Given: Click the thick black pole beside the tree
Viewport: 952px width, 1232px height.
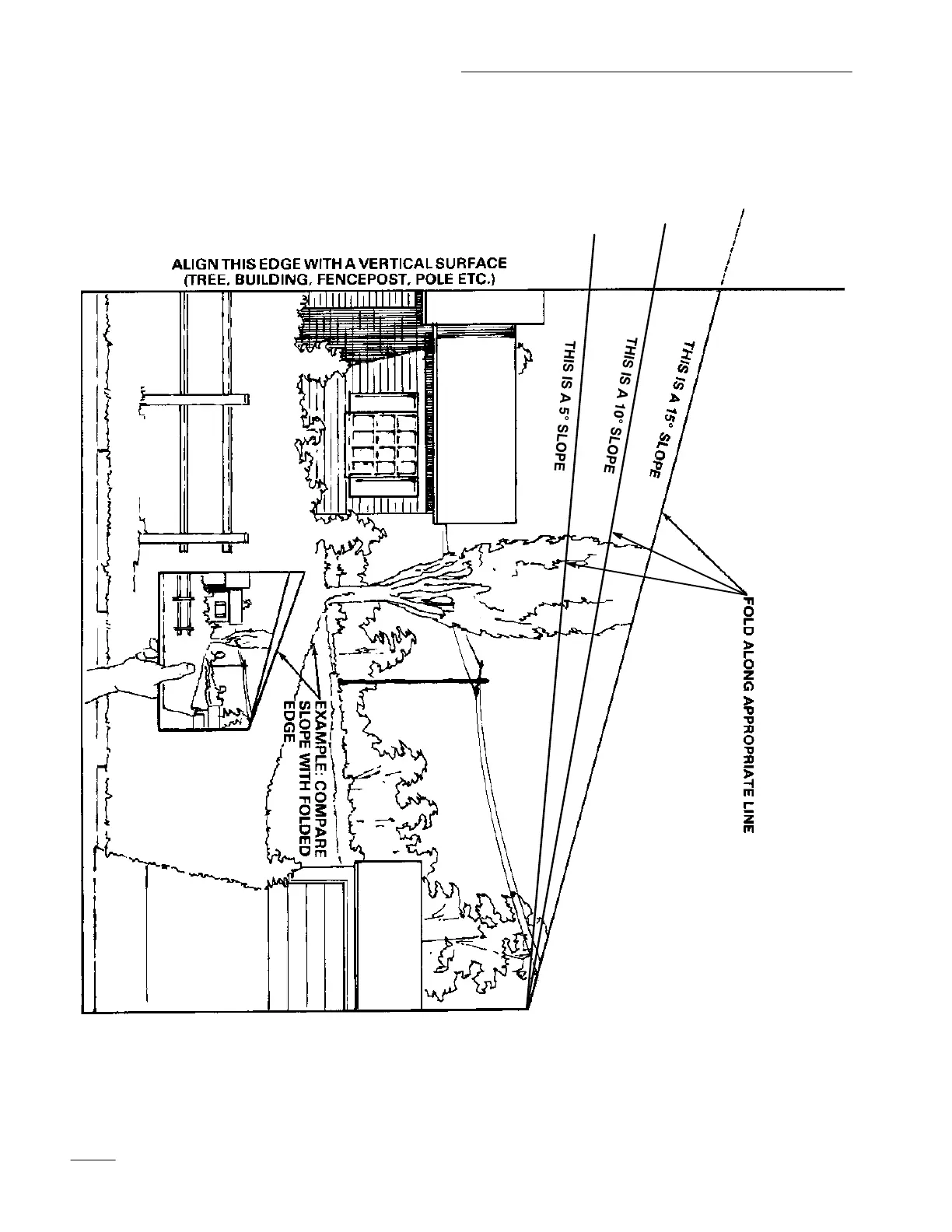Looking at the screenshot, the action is [412, 681].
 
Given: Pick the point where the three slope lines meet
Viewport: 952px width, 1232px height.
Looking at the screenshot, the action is [528, 1008].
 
